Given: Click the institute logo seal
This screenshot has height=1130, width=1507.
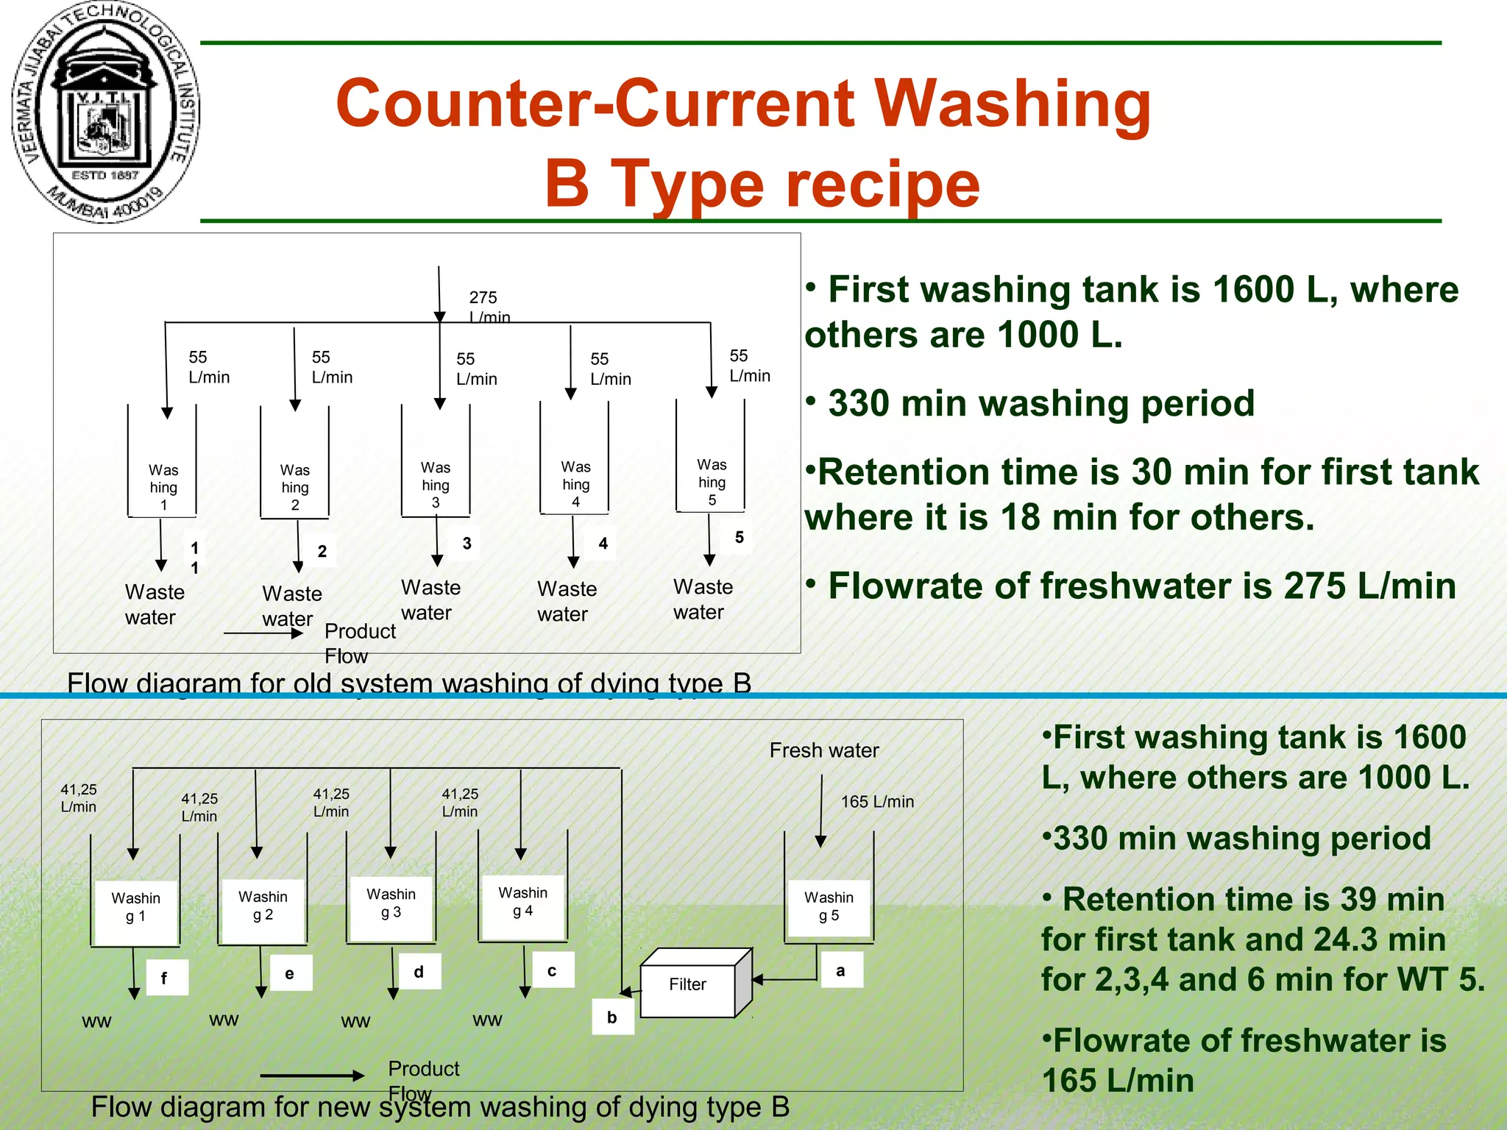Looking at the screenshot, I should point(105,112).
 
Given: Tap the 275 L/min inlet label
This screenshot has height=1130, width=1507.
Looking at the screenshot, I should point(489,307).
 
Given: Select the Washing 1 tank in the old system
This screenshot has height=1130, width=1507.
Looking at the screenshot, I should point(163,487).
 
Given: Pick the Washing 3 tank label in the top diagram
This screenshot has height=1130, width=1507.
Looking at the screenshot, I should point(436,485).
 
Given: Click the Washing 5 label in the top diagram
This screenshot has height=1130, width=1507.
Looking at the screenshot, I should point(712,482).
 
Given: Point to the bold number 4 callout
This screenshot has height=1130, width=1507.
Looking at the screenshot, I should point(603,544).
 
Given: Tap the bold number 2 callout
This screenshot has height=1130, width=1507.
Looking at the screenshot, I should point(322,551).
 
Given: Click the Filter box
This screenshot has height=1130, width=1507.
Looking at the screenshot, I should point(688,984).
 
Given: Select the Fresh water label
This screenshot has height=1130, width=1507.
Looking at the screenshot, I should point(824,750).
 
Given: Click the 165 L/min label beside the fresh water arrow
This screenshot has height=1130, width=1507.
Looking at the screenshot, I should point(877,802).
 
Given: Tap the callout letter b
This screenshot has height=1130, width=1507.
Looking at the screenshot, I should point(612,1017).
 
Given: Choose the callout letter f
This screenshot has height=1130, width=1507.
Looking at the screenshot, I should point(164,978).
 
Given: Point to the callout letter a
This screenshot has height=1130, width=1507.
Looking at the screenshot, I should point(840,970).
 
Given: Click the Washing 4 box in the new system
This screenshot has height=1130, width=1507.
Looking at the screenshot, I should point(522,902).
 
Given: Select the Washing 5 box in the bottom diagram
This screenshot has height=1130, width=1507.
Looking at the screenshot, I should point(829,906).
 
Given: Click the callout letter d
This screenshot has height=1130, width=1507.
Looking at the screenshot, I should point(419,972).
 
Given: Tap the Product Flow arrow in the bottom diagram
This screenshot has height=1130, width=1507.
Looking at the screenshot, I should point(312,1076).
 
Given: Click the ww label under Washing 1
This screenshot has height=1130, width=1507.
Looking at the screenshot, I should point(96,1022).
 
